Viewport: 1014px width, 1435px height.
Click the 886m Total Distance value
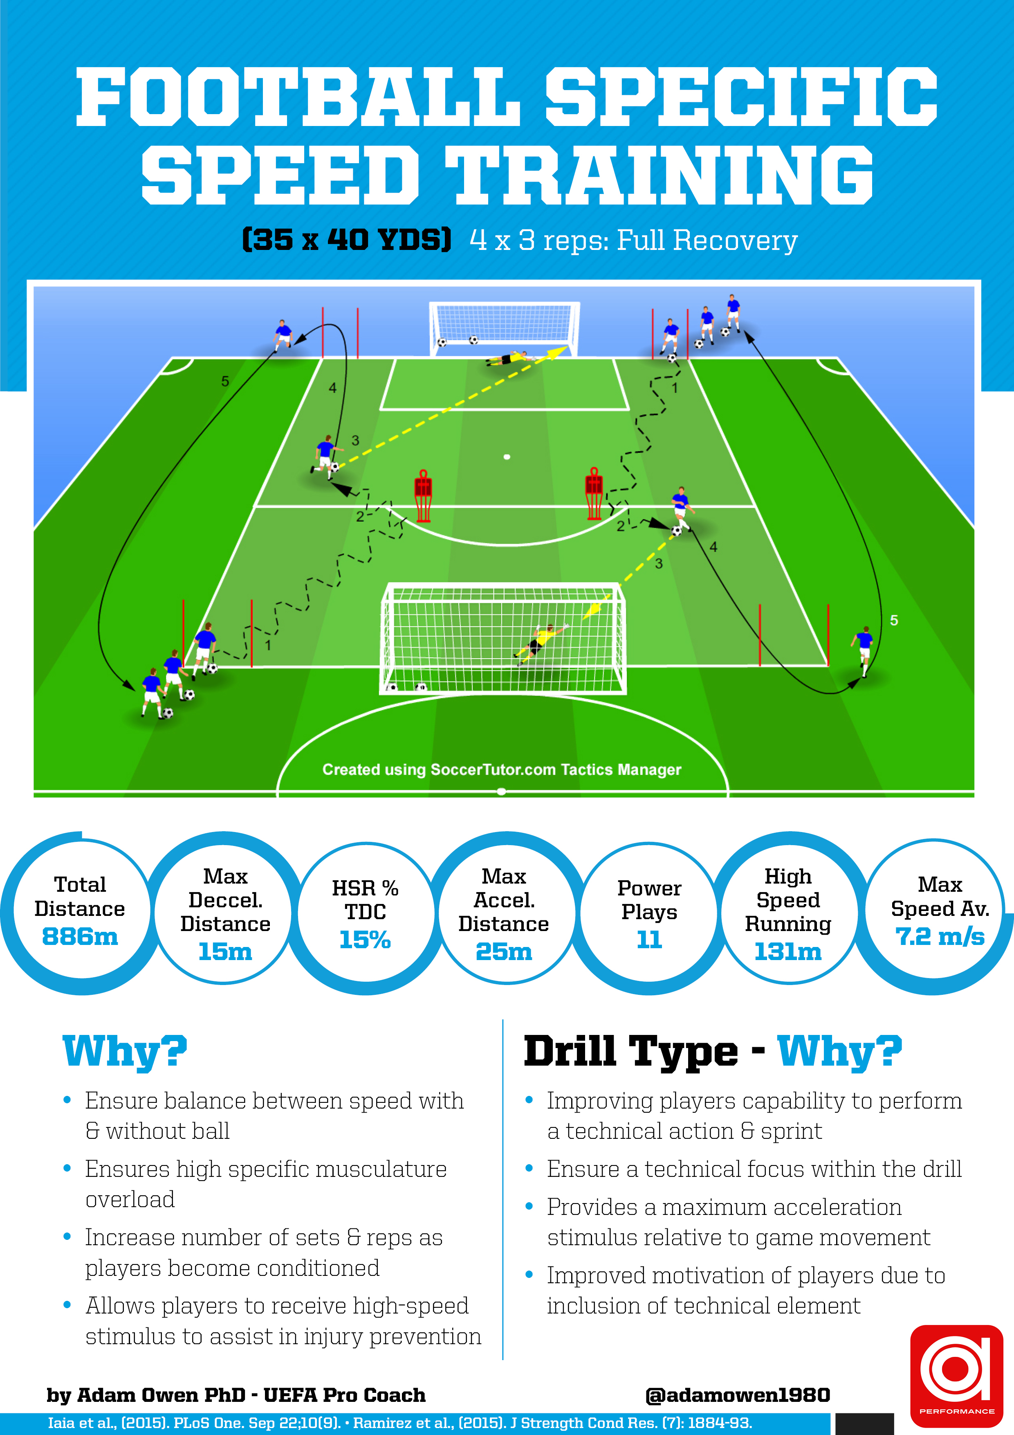80,936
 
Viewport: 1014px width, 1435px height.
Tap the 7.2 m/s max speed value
940,936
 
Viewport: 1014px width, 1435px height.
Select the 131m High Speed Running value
788,951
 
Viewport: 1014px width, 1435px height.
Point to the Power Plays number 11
649,939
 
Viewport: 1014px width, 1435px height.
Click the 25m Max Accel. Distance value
504,951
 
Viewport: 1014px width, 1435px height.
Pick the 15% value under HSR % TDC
365,939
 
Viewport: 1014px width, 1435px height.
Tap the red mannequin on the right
594,494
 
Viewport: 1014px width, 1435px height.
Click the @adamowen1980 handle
737,1395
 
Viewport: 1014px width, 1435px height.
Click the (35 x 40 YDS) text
347,239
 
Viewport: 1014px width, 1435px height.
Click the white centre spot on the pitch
507,457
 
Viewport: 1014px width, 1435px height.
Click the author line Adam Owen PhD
236,1395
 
